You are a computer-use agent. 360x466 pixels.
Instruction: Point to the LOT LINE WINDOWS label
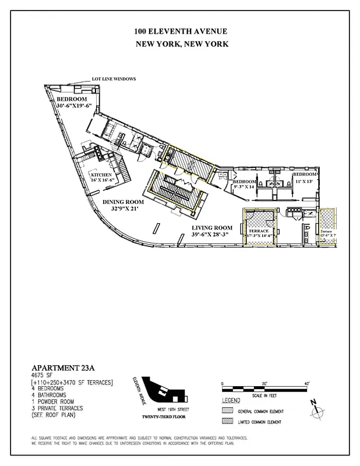tap(114, 79)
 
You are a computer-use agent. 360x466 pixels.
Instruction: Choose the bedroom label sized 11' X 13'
tap(305, 175)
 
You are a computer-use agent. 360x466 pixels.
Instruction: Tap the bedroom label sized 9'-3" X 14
tap(244, 182)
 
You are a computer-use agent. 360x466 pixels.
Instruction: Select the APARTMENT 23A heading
tap(63, 369)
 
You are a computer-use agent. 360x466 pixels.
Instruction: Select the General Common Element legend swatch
tap(228, 411)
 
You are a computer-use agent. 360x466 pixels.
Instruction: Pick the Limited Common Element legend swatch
tap(228, 421)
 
